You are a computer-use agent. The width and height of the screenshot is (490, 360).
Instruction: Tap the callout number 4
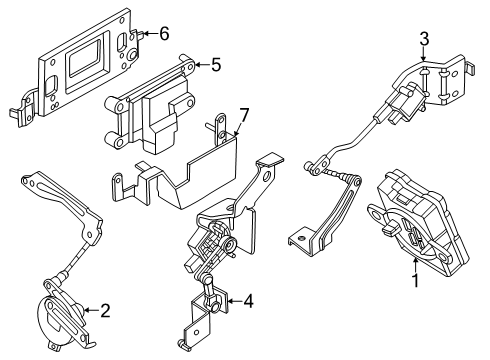coord(248,328)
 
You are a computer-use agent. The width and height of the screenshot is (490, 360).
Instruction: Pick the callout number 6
coord(165,34)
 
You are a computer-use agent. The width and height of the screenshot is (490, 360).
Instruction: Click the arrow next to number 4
coord(232,328)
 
